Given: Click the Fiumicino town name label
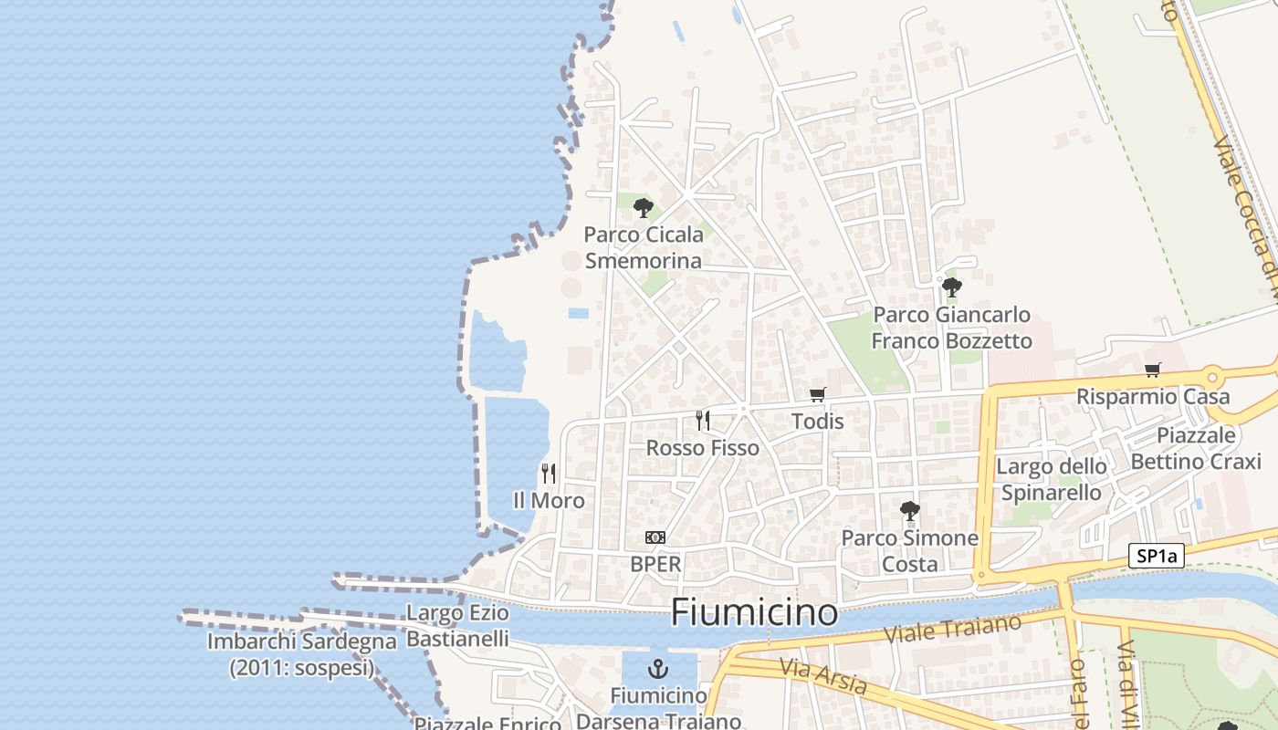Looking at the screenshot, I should tap(754, 612).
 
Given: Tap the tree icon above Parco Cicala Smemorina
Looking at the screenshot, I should tap(644, 207).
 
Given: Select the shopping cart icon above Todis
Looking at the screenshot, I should tap(817, 394).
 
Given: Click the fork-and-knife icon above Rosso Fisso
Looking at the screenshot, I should tap(702, 421).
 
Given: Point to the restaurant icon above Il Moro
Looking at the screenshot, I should tap(548, 473).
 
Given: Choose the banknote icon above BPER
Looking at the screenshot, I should tap(655, 537).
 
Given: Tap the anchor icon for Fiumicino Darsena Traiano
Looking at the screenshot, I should tap(657, 669).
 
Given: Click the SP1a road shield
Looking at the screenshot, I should tap(1156, 556).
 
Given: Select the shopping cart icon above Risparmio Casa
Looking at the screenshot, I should tap(1153, 370).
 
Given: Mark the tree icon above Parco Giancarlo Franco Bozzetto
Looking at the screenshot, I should tap(952, 287).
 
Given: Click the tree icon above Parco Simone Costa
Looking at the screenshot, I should tap(909, 511).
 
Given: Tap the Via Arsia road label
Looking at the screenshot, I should tap(822, 676).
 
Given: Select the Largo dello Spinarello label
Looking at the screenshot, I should tap(1052, 479).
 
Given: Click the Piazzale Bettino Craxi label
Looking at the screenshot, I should tap(1195, 448).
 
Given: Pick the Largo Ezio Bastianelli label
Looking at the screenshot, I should tap(457, 625).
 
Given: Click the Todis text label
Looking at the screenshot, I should tap(817, 422).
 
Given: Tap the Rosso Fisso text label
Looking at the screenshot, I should tap(702, 448).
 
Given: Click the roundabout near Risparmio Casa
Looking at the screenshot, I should tap(1212, 375).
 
